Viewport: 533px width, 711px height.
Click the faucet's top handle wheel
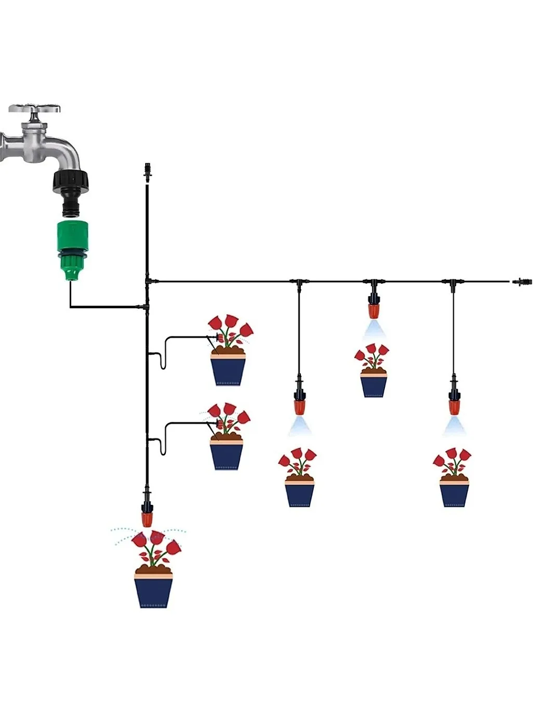[34, 109]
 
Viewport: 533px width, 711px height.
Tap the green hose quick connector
[72, 249]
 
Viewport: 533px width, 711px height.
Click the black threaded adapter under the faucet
[72, 180]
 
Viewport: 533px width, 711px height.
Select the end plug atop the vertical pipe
[147, 171]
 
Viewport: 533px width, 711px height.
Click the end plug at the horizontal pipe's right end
[521, 281]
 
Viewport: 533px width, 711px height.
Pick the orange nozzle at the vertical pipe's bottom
[147, 520]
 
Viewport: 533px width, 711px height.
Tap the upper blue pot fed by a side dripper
[228, 369]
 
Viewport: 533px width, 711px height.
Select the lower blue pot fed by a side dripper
[226, 453]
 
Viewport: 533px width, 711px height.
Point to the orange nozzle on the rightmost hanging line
[454, 407]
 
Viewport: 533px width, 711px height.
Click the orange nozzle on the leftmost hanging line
[300, 407]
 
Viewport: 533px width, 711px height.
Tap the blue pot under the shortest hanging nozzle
[374, 383]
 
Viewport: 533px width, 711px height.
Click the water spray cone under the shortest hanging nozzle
[374, 329]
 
